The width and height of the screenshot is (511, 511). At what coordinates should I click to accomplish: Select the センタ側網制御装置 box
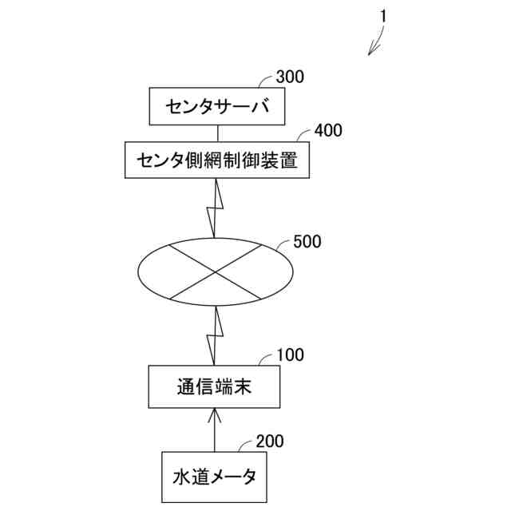[216, 160]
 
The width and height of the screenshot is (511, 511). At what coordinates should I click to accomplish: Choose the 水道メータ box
[214, 477]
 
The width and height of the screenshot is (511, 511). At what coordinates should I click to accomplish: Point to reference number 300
[289, 77]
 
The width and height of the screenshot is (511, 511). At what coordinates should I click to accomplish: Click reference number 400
[328, 130]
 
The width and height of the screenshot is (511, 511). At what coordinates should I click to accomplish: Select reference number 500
[307, 241]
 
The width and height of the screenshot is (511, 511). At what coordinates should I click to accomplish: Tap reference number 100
[290, 355]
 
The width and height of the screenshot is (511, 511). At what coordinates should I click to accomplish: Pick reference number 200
[270, 441]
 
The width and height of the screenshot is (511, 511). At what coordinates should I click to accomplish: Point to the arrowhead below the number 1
[370, 52]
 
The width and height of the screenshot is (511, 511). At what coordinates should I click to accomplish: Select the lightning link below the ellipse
[214, 336]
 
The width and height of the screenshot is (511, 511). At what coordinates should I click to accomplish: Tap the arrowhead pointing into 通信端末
[214, 414]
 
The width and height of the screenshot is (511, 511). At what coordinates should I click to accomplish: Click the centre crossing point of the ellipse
[216, 272]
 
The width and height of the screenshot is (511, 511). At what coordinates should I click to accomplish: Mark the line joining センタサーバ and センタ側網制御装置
[215, 134]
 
